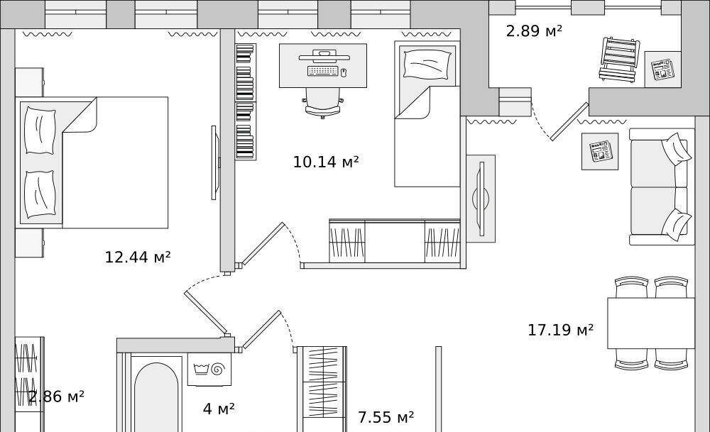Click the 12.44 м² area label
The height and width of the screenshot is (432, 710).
pos(138,257)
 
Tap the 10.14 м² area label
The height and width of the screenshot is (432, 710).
pos(326,162)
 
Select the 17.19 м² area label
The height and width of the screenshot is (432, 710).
pos(561,330)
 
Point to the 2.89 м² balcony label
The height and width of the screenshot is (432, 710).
pos(534,31)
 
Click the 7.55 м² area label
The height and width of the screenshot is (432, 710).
pos(386,417)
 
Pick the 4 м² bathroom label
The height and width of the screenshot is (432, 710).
pos(219,409)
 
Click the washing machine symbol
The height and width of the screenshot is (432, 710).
pos(209,369)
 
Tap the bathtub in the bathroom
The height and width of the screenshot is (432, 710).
pos(155,394)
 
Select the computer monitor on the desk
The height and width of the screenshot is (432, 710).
pos(324,57)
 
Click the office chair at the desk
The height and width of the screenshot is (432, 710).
pos(323,103)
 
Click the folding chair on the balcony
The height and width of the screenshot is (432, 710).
pos(618,60)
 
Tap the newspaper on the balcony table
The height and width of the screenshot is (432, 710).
pos(662,70)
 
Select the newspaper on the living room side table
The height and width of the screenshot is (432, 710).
pos(600,151)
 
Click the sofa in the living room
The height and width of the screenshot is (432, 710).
pos(662,187)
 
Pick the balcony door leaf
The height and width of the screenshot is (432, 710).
pos(569,121)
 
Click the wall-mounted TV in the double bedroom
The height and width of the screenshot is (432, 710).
pos(214,162)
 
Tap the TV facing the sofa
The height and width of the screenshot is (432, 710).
pos(481,199)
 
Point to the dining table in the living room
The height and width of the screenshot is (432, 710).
pos(650,323)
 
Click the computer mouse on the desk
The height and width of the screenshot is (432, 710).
pos(343,72)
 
